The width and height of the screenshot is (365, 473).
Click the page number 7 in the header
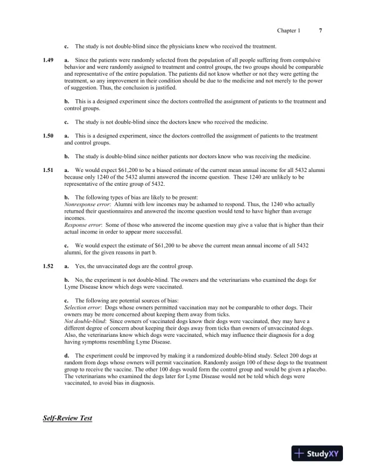pyautogui.click(x=321, y=30)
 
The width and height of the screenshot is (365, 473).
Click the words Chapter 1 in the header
pyautogui.click(x=289, y=30)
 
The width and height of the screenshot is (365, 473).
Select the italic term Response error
pyautogui.click(x=82, y=225)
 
